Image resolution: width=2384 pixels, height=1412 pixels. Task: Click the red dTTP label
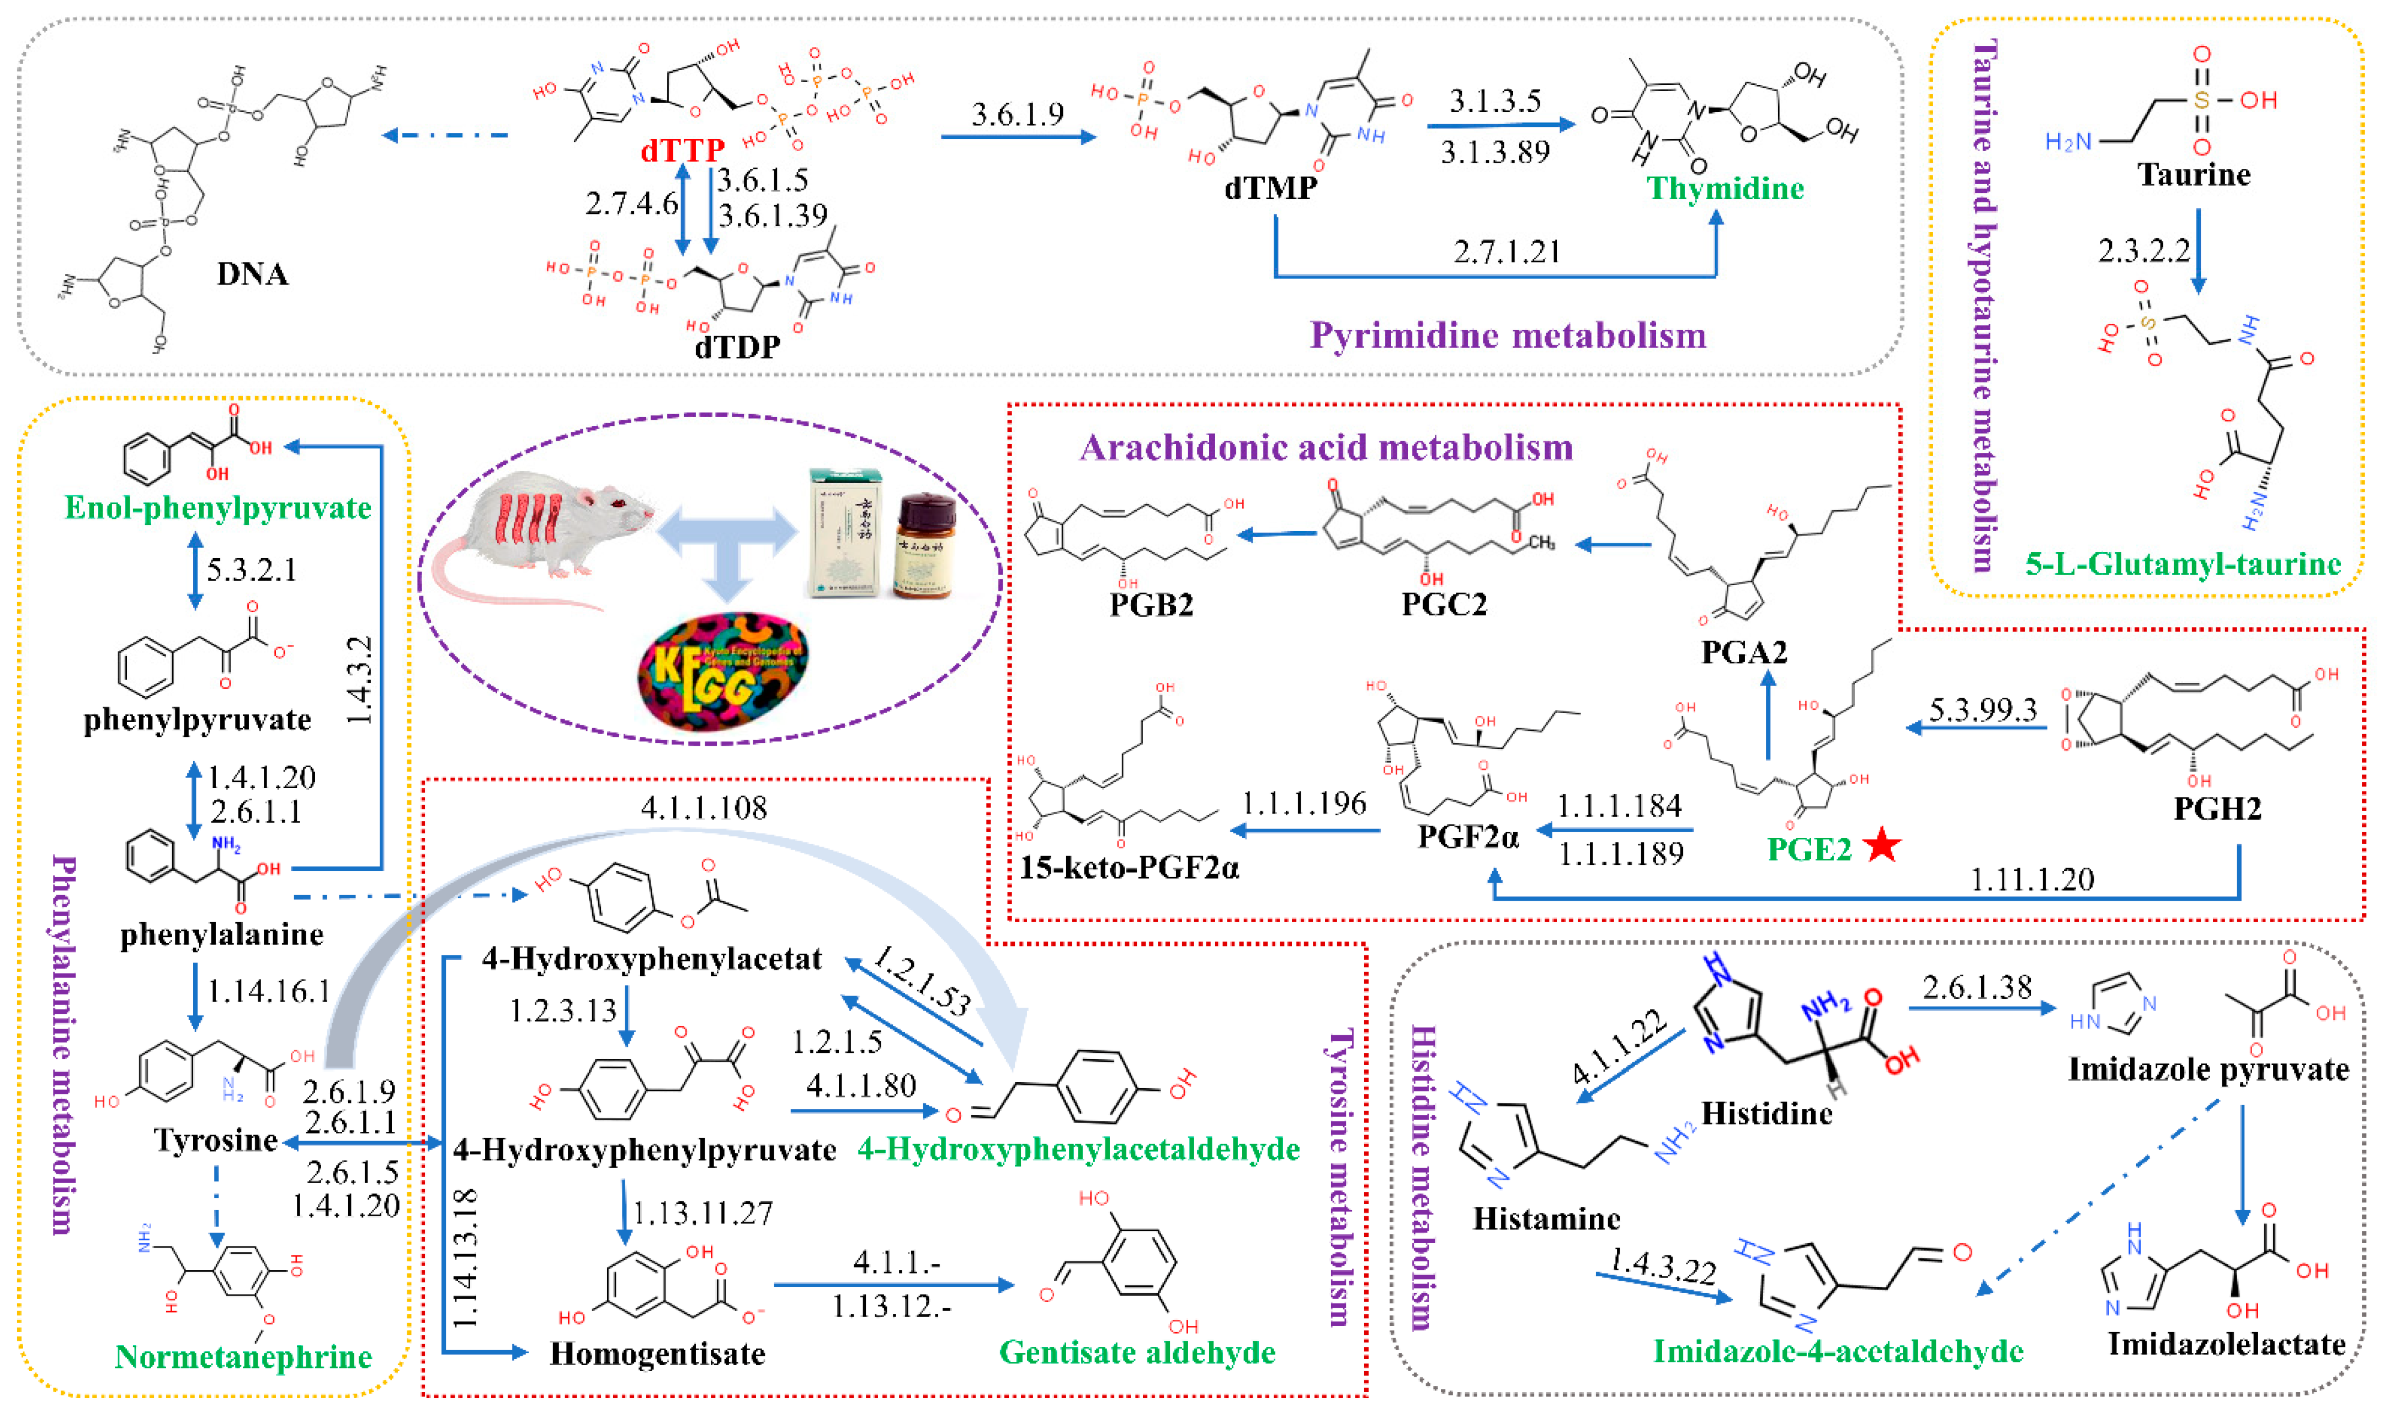[683, 149]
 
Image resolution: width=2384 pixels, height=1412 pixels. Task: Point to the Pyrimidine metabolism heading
[1508, 335]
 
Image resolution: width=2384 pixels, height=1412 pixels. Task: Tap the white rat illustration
[542, 533]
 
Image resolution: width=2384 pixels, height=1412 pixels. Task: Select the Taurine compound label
[2194, 175]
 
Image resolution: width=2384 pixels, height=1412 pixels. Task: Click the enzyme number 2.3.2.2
[2143, 250]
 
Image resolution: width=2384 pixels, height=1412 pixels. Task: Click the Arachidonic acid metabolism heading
[1326, 447]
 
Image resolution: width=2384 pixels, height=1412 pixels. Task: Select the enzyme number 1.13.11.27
[703, 1213]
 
